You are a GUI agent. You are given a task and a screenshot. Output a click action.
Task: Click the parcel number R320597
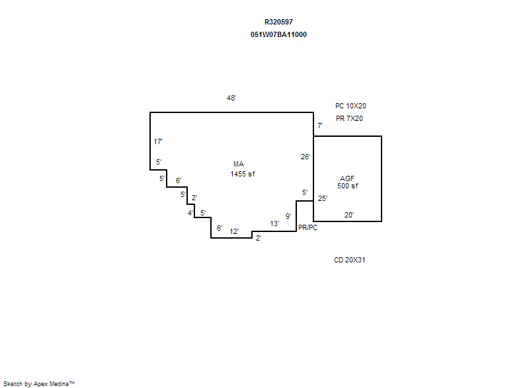pos(278,22)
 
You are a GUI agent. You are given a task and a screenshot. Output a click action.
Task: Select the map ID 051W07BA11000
pos(278,35)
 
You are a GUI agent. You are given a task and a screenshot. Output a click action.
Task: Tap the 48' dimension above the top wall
pos(231,98)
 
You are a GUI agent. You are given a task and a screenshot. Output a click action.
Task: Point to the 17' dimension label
pos(158,141)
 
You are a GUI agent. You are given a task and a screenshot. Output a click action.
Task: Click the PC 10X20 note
pos(350,106)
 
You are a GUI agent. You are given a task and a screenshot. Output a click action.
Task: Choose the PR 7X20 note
pos(349,119)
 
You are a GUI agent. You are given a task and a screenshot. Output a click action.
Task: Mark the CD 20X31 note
pos(350,260)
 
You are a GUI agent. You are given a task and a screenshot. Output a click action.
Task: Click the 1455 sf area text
pos(243,174)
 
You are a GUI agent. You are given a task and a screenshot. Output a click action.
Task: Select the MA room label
pos(239,164)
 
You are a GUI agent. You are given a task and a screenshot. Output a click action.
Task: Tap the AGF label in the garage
pos(347,178)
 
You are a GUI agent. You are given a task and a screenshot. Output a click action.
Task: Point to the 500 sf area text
pos(348,186)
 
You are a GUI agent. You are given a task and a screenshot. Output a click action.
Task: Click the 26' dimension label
pos(305,157)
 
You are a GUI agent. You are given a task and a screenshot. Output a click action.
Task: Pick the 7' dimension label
pos(320,126)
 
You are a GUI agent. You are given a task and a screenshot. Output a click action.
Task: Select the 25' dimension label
pos(323,198)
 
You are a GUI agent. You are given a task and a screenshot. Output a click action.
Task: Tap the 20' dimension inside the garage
pos(349,215)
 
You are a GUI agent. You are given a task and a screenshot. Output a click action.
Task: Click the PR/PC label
pos(307,228)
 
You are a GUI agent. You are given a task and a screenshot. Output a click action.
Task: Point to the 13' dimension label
pos(274,223)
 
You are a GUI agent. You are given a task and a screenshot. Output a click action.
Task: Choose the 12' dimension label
pos(234,231)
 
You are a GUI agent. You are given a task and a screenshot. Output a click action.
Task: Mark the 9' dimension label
pos(288,216)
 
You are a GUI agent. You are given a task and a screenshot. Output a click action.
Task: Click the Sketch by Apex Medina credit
pos(39,383)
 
